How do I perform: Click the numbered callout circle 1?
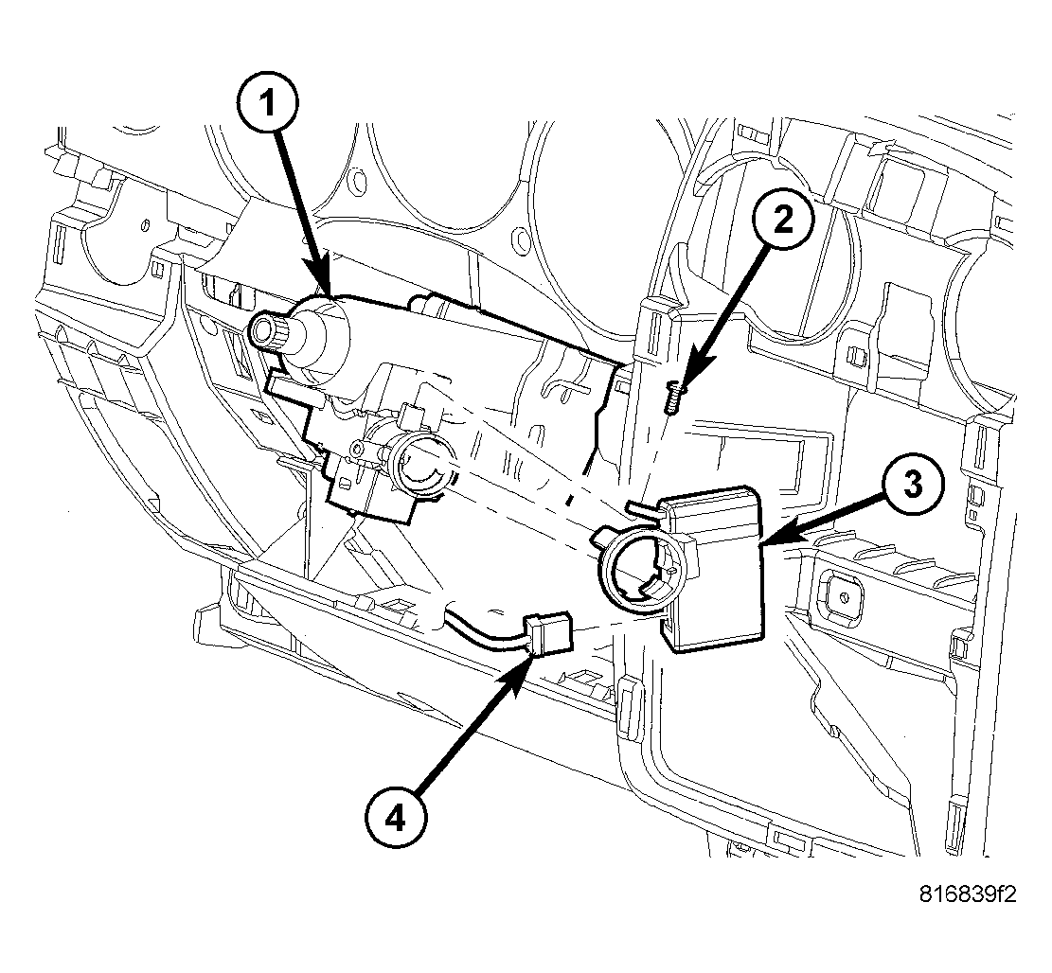(x=271, y=103)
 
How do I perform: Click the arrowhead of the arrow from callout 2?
(x=686, y=380)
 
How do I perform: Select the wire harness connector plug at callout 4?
(x=550, y=633)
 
